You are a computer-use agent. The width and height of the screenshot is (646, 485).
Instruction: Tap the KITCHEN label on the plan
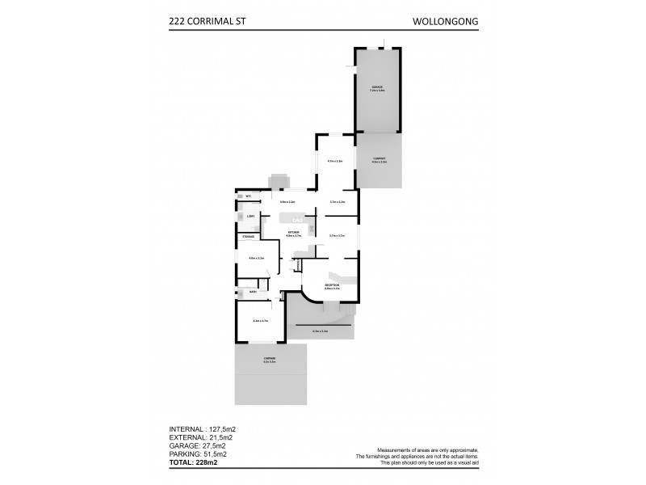click(294, 232)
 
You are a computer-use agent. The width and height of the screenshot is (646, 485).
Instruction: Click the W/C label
click(249, 196)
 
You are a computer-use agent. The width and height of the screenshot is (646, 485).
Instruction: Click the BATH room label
click(253, 292)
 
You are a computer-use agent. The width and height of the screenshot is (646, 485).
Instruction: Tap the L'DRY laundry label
click(251, 217)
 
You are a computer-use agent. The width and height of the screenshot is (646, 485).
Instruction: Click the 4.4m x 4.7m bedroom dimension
click(260, 321)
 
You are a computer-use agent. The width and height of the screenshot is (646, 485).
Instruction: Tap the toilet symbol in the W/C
click(240, 196)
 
